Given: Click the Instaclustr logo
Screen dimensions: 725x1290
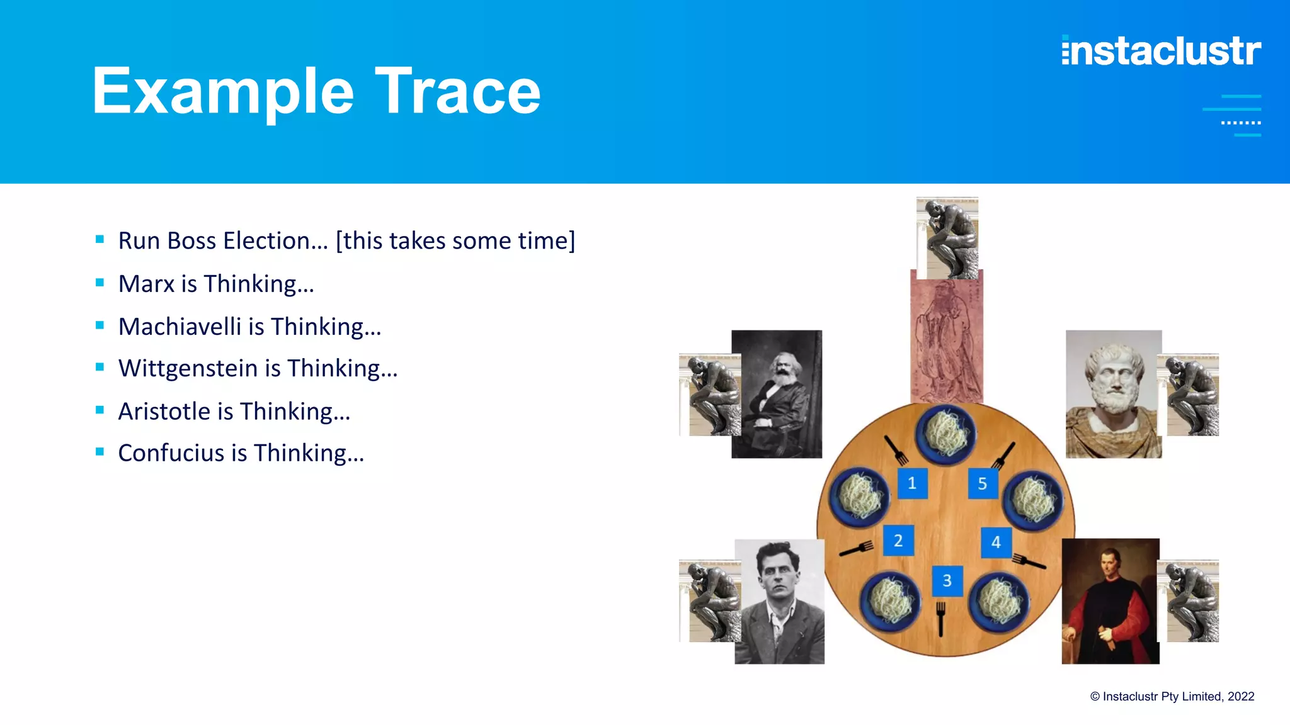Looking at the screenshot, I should click(x=1161, y=51).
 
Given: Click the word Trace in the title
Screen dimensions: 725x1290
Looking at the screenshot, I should click(x=458, y=92).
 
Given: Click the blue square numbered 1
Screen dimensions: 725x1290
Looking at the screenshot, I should click(x=912, y=483).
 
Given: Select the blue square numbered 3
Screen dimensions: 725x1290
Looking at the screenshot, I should click(x=947, y=580).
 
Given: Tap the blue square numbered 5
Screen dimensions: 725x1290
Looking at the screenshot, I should click(x=983, y=483).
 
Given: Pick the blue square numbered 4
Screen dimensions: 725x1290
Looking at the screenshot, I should click(x=996, y=542).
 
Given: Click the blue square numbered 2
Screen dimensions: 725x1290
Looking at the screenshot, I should click(x=898, y=541).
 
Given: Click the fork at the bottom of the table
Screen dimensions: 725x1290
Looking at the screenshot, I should click(x=940, y=618).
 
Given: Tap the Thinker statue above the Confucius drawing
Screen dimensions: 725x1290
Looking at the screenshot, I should click(x=947, y=238).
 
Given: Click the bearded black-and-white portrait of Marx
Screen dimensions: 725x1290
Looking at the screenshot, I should click(x=777, y=394).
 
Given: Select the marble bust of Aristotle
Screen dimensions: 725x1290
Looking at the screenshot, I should click(x=1113, y=394).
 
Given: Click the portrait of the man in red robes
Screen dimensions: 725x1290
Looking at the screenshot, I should click(x=1110, y=601).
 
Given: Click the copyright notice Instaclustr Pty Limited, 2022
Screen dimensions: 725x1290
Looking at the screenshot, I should click(x=1172, y=697).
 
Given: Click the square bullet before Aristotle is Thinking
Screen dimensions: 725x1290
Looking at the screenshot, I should click(x=100, y=410).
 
